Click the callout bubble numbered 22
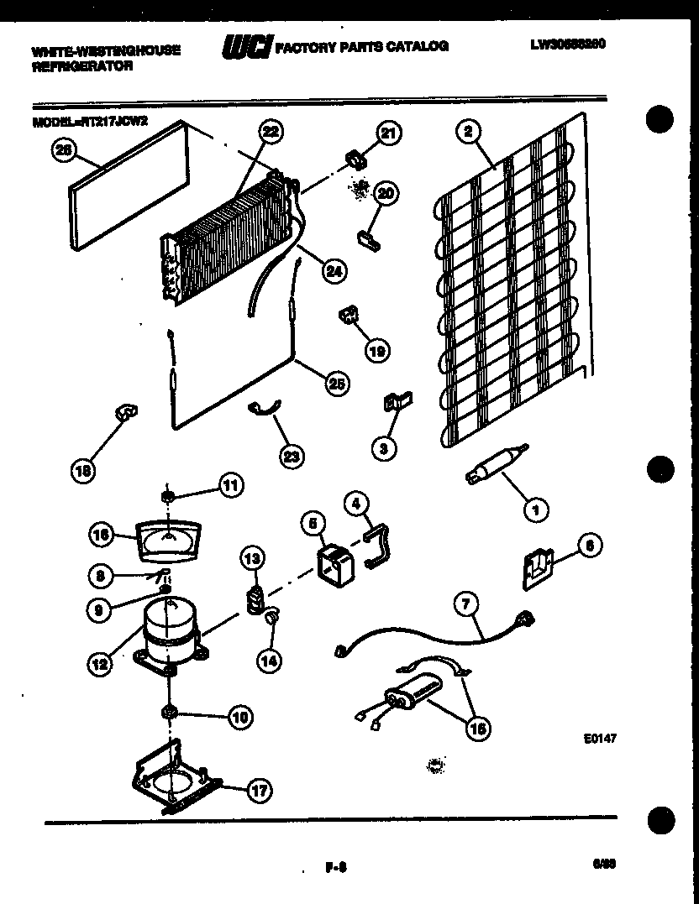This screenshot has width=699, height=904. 270,131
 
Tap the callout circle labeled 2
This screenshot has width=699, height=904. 468,131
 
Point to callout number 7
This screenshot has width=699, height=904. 466,604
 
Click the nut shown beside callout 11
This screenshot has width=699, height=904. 168,496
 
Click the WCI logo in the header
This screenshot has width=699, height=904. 244,46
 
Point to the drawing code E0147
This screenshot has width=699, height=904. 593,741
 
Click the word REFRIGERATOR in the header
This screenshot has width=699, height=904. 81,66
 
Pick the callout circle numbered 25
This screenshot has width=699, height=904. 335,383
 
